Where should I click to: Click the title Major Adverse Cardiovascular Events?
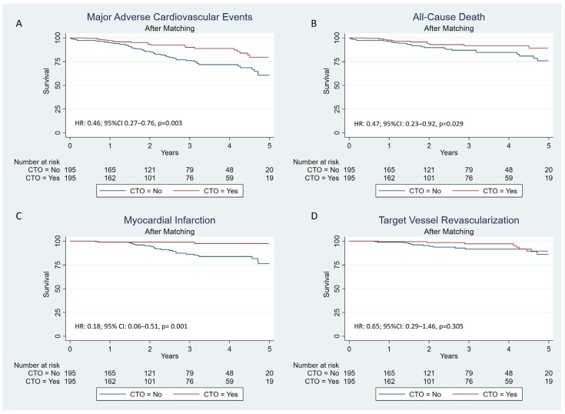point(169,17)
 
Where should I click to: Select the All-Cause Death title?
point(449,17)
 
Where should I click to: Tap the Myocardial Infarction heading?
point(169,220)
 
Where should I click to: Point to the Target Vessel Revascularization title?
point(449,220)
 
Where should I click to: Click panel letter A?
point(18,24)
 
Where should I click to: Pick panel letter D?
point(314,216)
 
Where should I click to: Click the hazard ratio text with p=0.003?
point(128,123)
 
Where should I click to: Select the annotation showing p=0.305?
point(409,326)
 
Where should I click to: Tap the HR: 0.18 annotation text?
point(131,326)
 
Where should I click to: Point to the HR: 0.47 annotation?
point(409,124)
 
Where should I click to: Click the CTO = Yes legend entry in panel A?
point(205,191)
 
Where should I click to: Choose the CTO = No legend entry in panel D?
point(410,394)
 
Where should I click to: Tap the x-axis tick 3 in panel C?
point(190,349)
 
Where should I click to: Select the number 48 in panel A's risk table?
point(230,170)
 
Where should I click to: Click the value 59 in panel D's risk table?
point(509,381)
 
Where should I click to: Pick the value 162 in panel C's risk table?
point(110,381)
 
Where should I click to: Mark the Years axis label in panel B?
point(449,152)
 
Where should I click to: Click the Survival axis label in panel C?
point(46,284)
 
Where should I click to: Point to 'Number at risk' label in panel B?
point(316,162)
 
